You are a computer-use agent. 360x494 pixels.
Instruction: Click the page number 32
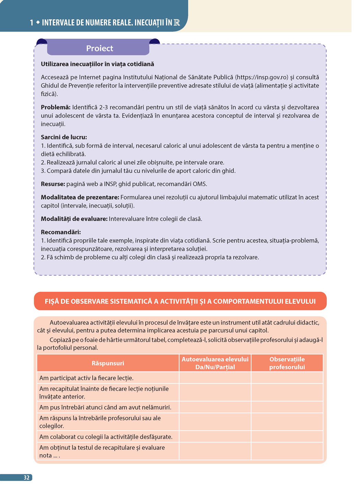[26, 478]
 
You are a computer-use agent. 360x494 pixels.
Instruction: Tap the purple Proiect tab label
[100, 48]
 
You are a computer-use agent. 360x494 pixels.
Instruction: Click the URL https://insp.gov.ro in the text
[262, 77]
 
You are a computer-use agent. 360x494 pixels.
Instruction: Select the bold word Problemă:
[56, 107]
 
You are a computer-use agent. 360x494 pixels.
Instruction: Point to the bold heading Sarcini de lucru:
[64, 137]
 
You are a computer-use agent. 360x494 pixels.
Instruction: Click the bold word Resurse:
[53, 184]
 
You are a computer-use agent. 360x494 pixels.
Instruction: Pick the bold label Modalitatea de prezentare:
[80, 197]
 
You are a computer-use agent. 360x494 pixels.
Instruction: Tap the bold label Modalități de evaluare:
[74, 219]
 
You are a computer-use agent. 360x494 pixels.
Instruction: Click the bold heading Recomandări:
[61, 232]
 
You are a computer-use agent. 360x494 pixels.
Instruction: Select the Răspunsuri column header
[108, 363]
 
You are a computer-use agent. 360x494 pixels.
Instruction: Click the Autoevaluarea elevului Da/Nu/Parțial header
[215, 363]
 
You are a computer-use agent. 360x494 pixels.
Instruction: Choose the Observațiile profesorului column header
[287, 363]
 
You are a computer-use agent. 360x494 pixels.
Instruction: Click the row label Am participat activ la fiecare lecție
[86, 378]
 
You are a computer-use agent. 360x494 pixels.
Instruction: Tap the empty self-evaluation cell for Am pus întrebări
[215, 407]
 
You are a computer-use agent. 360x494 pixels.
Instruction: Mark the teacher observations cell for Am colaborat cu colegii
[287, 437]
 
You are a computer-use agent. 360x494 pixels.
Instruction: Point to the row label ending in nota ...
[102, 451]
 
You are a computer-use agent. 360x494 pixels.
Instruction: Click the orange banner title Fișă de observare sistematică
[180, 301]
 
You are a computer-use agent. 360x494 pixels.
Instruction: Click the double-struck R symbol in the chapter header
[177, 23]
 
